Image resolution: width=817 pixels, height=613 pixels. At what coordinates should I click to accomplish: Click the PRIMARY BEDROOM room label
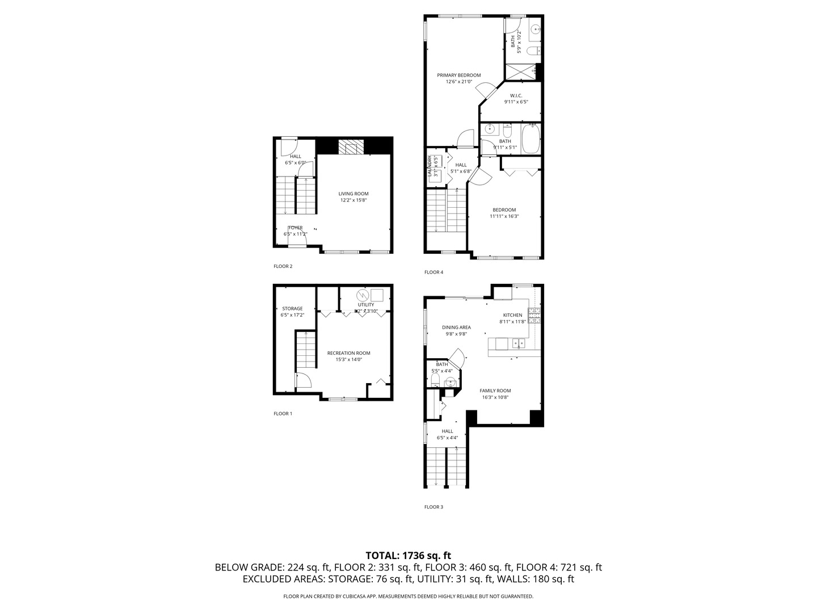pos(458,75)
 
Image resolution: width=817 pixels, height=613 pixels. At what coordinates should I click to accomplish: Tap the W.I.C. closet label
pos(516,95)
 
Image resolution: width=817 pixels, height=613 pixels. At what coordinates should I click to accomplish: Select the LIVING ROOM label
pos(353,194)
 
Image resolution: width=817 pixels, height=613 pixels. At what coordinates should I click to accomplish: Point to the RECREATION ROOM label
pos(348,353)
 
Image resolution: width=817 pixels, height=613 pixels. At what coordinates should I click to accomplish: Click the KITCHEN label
pos(512,315)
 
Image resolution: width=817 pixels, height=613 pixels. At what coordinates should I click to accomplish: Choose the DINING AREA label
pos(456,327)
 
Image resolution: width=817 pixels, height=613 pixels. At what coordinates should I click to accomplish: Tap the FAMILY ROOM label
pos(495,391)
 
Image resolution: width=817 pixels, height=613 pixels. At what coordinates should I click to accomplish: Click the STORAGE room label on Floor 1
pos(292,309)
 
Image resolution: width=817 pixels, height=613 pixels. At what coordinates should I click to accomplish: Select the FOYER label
pos(295,228)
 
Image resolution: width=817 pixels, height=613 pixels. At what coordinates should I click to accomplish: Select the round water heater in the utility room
pos(362,295)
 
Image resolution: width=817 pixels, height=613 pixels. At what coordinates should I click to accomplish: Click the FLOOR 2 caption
pos(283,266)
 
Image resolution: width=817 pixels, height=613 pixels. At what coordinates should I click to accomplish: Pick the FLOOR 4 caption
pos(433,272)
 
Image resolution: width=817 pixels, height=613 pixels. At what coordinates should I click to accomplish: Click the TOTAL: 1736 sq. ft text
pos(408,555)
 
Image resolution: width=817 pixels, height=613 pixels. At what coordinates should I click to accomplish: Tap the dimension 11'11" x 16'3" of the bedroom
pos(504,216)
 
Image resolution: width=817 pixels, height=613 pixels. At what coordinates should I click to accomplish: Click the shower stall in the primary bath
pos(520,72)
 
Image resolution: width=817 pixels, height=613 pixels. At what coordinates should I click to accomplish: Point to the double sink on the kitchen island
pos(518,343)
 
